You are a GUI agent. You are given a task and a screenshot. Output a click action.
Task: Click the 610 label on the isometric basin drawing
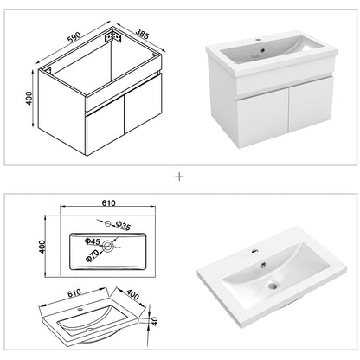point(54,292)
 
